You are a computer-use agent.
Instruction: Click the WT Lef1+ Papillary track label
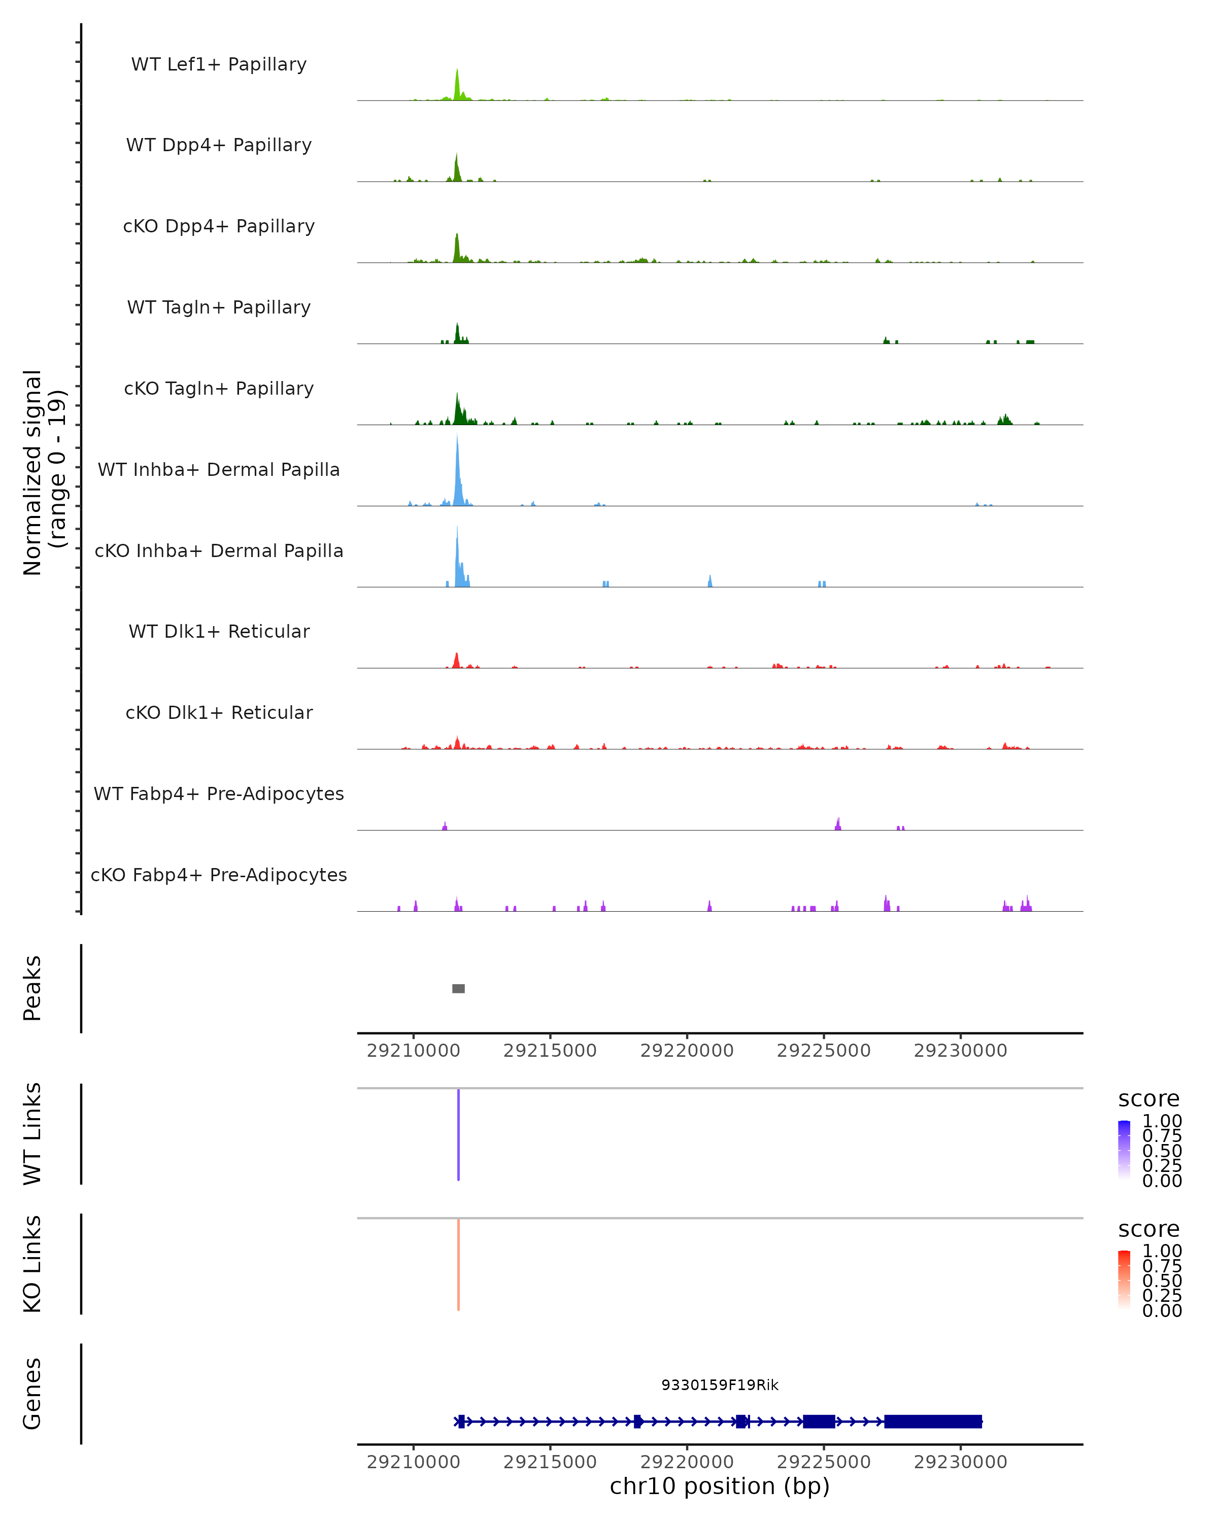pyautogui.click(x=219, y=64)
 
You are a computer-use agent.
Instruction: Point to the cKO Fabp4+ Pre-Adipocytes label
pyautogui.click(x=219, y=875)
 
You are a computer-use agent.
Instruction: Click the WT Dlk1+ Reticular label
pyautogui.click(x=219, y=631)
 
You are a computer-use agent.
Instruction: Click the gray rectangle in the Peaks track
pyautogui.click(x=458, y=988)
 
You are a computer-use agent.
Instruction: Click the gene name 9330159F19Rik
pyautogui.click(x=720, y=1385)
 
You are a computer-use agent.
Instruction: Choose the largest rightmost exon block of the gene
pyautogui.click(x=933, y=1421)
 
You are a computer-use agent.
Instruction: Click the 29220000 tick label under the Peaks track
pyautogui.click(x=686, y=1051)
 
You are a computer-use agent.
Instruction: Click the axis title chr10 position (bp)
pyautogui.click(x=720, y=1486)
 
